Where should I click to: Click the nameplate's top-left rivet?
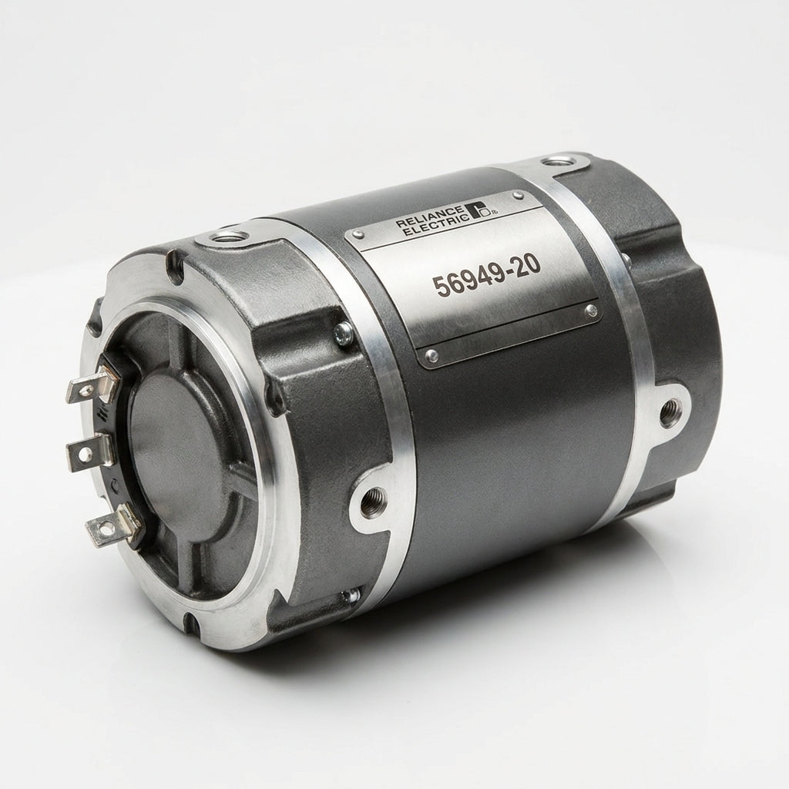[358, 233]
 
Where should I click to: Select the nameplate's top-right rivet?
[518, 193]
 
